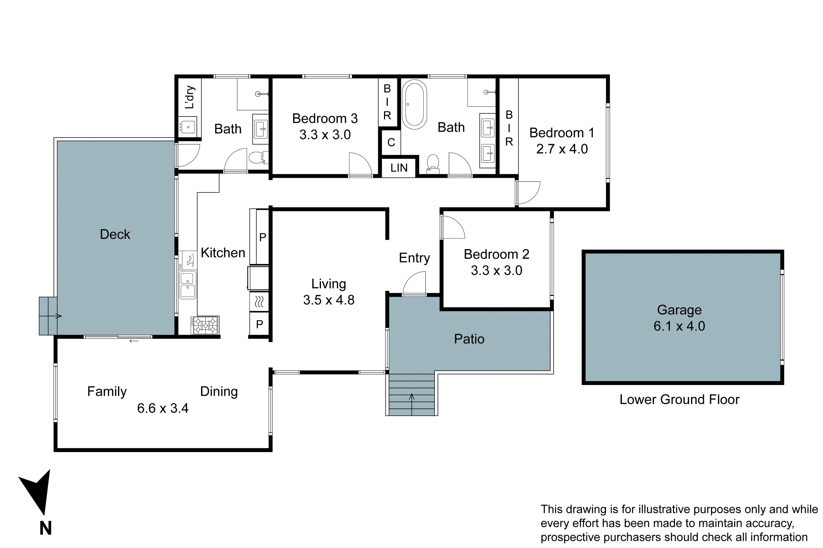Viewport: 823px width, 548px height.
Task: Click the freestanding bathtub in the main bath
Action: (414, 104)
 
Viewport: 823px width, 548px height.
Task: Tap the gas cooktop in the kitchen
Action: (205, 325)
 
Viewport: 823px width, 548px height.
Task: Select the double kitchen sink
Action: (188, 285)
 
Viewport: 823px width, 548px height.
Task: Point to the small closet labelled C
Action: (391, 142)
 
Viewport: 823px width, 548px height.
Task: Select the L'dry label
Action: (189, 97)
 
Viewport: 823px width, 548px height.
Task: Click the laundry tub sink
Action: (188, 127)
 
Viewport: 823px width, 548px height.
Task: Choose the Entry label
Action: (414, 258)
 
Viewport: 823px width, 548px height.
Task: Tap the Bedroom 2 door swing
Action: (452, 227)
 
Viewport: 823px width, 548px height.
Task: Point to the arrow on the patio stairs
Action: (411, 397)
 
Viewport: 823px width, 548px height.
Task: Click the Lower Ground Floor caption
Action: (679, 399)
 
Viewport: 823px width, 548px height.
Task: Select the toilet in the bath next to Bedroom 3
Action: (258, 158)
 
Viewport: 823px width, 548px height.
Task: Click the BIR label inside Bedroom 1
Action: (509, 128)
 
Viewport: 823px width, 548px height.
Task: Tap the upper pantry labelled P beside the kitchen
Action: (263, 237)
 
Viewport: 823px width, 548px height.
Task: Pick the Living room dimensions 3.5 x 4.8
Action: (329, 300)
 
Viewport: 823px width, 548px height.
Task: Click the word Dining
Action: (219, 392)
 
